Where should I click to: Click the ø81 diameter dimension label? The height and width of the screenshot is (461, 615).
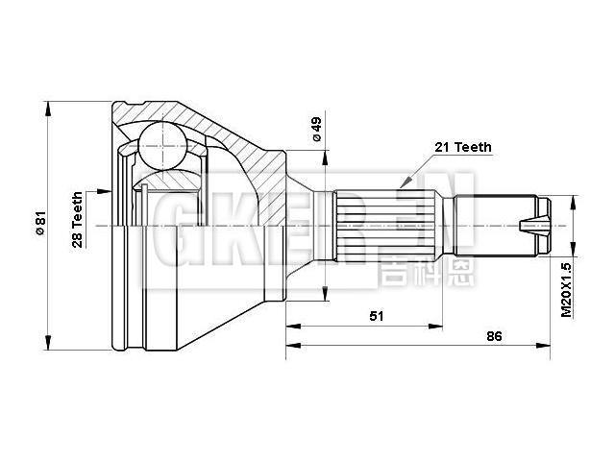pos(40,225)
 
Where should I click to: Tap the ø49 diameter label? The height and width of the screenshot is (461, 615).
pos(315,130)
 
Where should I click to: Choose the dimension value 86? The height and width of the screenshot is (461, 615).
pos(495,337)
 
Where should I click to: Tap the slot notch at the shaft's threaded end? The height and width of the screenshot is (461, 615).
pos(529,228)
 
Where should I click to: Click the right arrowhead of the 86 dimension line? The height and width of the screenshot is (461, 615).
pos(549,348)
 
